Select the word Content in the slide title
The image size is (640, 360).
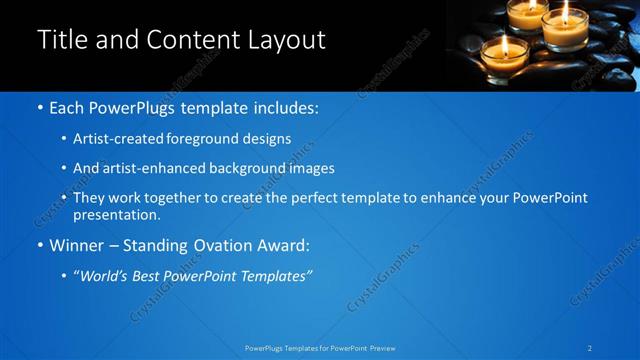(192, 40)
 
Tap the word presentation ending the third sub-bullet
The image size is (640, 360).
(116, 214)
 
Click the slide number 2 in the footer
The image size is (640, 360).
(591, 348)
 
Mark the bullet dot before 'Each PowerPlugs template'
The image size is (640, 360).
(39, 106)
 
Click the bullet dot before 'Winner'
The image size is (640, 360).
(39, 245)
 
